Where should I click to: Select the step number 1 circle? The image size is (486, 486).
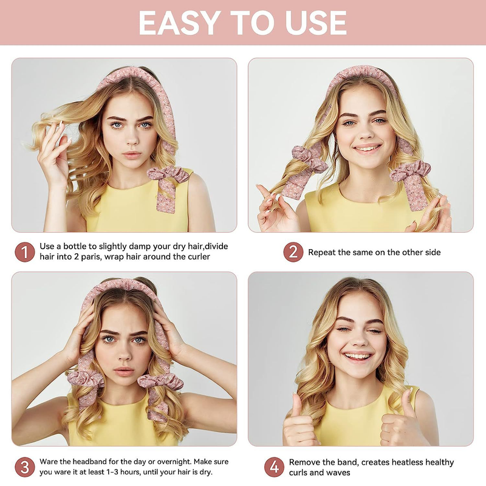[x=25, y=252]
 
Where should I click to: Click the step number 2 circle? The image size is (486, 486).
[x=293, y=252]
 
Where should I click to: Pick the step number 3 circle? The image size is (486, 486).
[x=25, y=467]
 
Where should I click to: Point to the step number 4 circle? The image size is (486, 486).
[x=275, y=467]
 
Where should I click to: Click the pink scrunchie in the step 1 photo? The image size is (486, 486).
[x=168, y=174]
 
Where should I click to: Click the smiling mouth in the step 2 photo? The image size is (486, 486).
[x=368, y=149]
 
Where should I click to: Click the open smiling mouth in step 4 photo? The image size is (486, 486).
[x=358, y=357]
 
